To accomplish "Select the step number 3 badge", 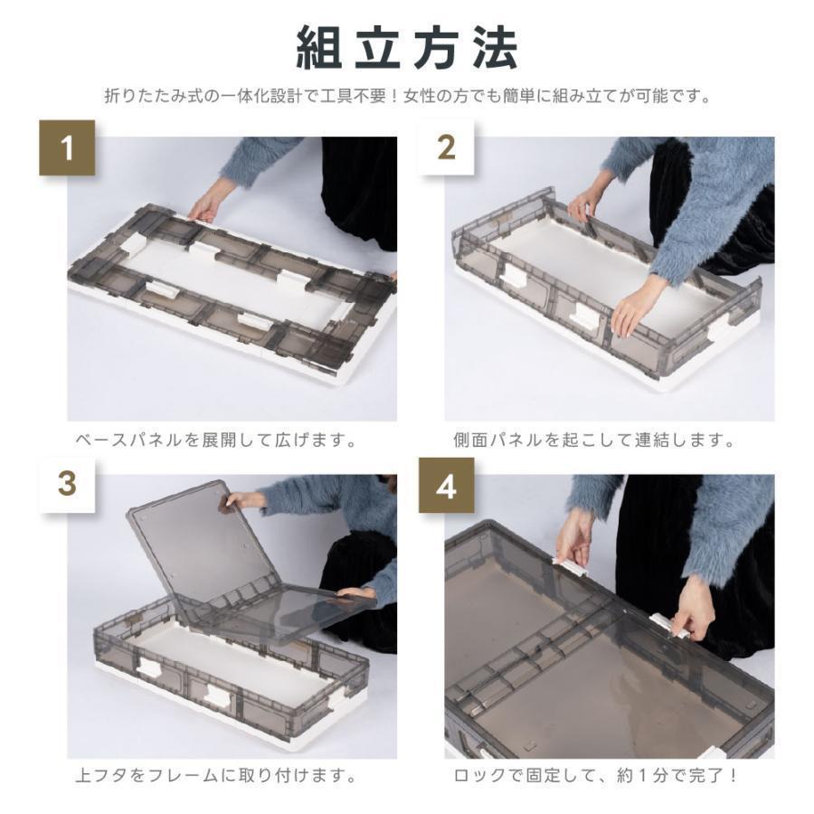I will click(x=68, y=485).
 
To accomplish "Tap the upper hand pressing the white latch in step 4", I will click(x=573, y=539).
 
